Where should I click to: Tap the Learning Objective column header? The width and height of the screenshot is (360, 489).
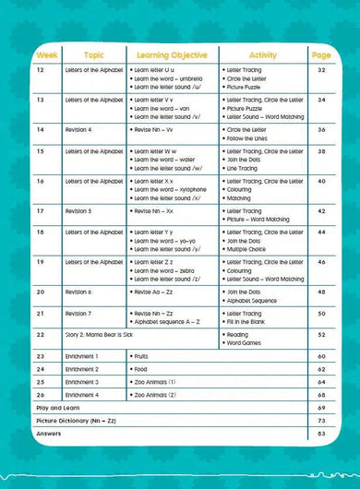172,55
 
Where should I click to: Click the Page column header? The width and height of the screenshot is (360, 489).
321,55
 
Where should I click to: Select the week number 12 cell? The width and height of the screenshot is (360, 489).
40,70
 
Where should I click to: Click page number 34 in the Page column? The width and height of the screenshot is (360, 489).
321,100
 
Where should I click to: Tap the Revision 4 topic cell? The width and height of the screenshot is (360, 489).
78,130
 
